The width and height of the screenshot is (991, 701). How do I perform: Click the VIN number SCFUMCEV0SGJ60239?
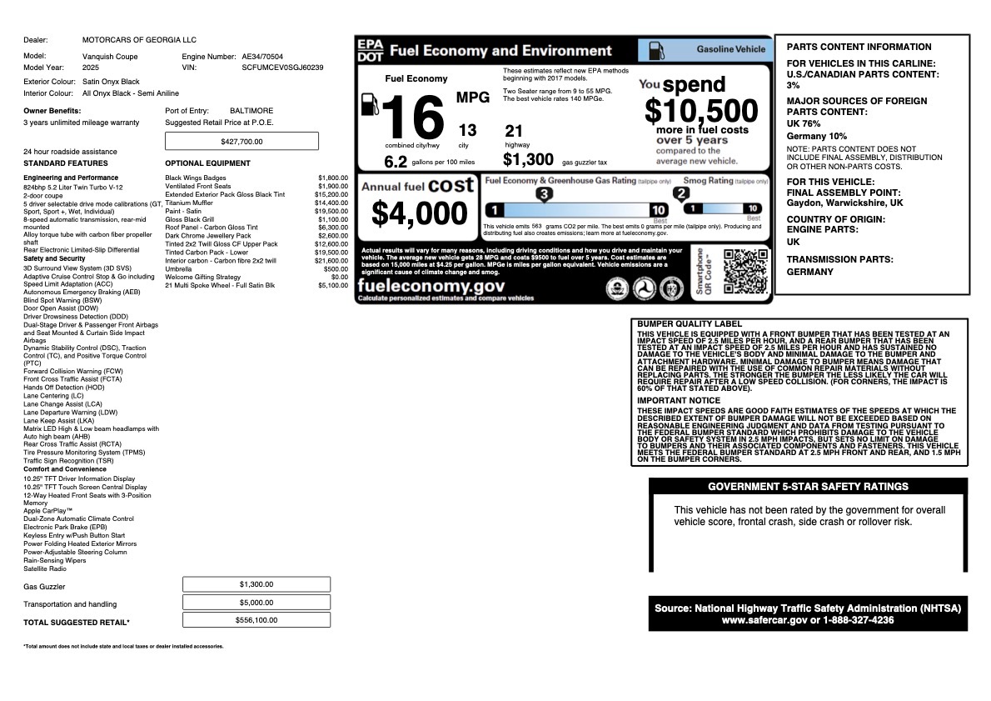coord(282,68)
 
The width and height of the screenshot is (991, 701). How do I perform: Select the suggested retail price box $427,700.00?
coord(242,142)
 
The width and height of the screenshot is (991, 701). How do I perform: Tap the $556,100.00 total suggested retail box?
coord(256,620)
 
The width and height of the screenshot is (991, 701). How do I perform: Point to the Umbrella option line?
coord(178,269)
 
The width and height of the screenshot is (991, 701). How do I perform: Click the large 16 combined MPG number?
coord(415,118)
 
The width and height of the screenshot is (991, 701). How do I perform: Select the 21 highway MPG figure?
coord(514,131)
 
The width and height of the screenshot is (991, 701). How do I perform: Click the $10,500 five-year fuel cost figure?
coord(701,111)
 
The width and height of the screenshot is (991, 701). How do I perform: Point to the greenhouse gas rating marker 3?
coord(544,194)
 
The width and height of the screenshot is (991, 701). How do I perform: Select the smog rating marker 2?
coord(681,194)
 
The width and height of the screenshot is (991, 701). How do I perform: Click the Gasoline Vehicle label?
coord(730,49)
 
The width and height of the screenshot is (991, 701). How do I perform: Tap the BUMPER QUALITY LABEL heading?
coord(689,324)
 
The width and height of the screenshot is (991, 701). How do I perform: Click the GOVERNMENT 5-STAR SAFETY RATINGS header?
coord(808,487)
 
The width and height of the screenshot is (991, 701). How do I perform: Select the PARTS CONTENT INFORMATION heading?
coord(859,47)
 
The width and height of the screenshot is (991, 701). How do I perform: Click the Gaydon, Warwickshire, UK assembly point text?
coord(844,203)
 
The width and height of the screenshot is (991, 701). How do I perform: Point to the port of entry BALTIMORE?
coord(251,111)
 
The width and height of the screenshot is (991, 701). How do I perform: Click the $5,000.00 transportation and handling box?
coord(256,603)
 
